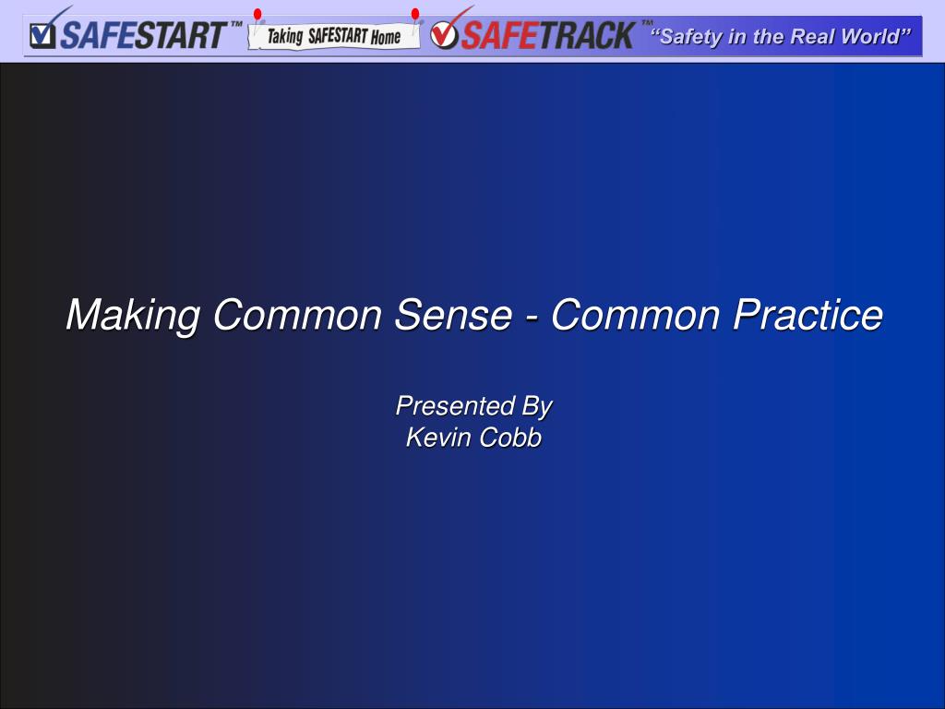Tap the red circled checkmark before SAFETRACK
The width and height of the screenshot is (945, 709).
[445, 34]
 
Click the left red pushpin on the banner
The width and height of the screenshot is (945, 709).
[258, 15]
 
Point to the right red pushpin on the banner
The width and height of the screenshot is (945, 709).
[415, 15]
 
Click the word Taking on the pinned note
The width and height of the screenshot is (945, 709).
[285, 38]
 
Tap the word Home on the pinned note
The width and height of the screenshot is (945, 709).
[386, 38]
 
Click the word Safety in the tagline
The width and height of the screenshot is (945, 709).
[689, 37]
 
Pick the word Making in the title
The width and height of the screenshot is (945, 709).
[133, 316]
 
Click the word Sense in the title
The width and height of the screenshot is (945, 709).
[452, 315]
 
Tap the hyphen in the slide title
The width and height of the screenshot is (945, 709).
[530, 317]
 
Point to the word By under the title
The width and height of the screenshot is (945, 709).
[536, 407]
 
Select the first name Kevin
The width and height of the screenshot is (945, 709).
[437, 438]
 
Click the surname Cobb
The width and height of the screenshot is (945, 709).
[509, 438]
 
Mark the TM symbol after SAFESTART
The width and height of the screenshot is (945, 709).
[236, 24]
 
